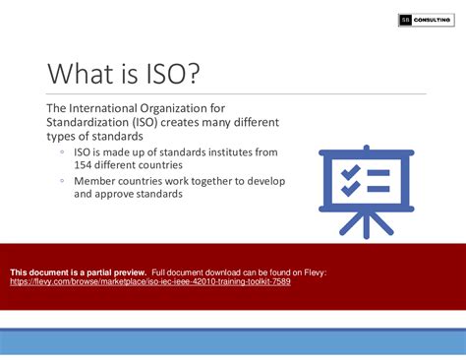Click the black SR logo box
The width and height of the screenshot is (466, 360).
404,19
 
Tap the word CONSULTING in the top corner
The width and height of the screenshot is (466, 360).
432,19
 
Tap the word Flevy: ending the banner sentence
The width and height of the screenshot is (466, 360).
314,270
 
